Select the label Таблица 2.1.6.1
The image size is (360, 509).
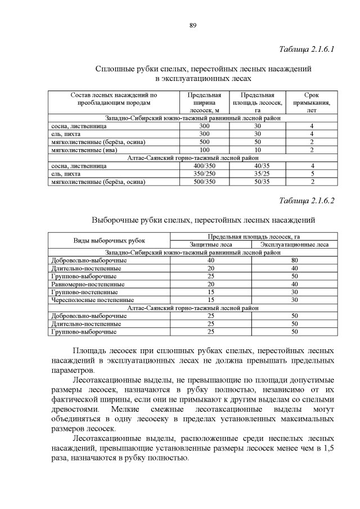[x=307, y=49]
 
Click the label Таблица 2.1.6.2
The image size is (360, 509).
[x=307, y=201]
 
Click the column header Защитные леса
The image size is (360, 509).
[x=210, y=245]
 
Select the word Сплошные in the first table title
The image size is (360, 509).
[x=114, y=69]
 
